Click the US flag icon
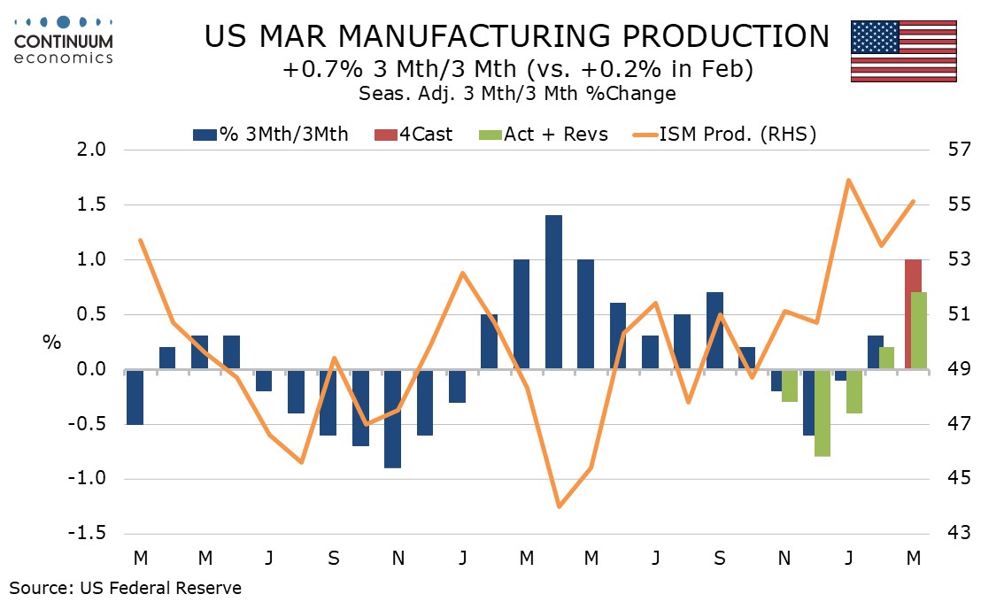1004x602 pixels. (903, 51)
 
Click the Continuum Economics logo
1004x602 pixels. (62, 40)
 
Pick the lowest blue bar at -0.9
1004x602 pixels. (393, 418)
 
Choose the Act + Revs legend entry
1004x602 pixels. (545, 135)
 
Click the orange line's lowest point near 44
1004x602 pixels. (560, 506)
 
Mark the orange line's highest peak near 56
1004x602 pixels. (848, 180)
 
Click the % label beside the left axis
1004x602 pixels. (50, 342)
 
